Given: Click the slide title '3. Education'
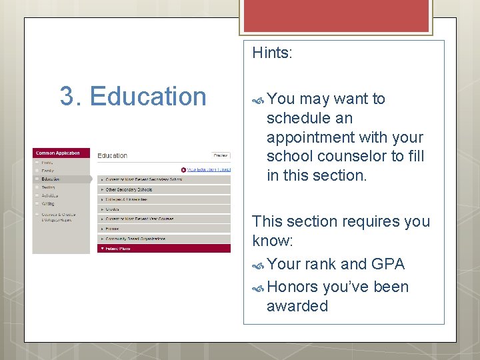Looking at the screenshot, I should (133, 97).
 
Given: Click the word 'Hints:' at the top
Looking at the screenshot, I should (272, 53).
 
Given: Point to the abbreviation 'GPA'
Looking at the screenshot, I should (388, 264).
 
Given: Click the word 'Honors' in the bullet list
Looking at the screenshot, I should (292, 287).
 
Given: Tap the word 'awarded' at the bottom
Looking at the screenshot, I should (297, 306).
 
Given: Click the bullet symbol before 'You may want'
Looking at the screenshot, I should (259, 99).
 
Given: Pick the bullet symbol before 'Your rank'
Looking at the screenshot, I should (259, 265).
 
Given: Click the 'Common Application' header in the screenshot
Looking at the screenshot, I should (57, 153).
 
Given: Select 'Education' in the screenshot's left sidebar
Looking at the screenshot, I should (51, 179).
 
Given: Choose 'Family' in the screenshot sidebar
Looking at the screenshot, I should (47, 171).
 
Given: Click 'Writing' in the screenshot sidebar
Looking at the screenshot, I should (48, 204).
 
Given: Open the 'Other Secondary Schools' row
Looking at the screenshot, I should (129, 189).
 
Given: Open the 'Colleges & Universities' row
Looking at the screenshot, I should (127, 199).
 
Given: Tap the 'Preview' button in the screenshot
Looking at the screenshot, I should (221, 155).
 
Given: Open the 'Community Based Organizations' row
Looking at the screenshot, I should (135, 239).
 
